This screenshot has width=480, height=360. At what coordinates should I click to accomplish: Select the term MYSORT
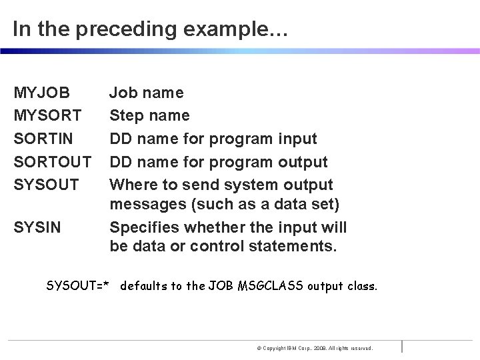(x=47, y=115)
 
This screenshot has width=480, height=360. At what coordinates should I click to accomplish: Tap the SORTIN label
(x=44, y=139)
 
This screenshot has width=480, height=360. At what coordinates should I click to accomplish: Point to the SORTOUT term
(x=51, y=162)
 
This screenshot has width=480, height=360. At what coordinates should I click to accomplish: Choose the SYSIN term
(x=37, y=228)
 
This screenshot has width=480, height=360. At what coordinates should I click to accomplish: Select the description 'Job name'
(x=147, y=93)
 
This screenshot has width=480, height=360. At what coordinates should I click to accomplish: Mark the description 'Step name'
(x=149, y=115)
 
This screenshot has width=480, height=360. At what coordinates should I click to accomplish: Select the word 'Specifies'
(x=142, y=228)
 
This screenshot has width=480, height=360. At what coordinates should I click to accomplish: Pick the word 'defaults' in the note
(x=148, y=287)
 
